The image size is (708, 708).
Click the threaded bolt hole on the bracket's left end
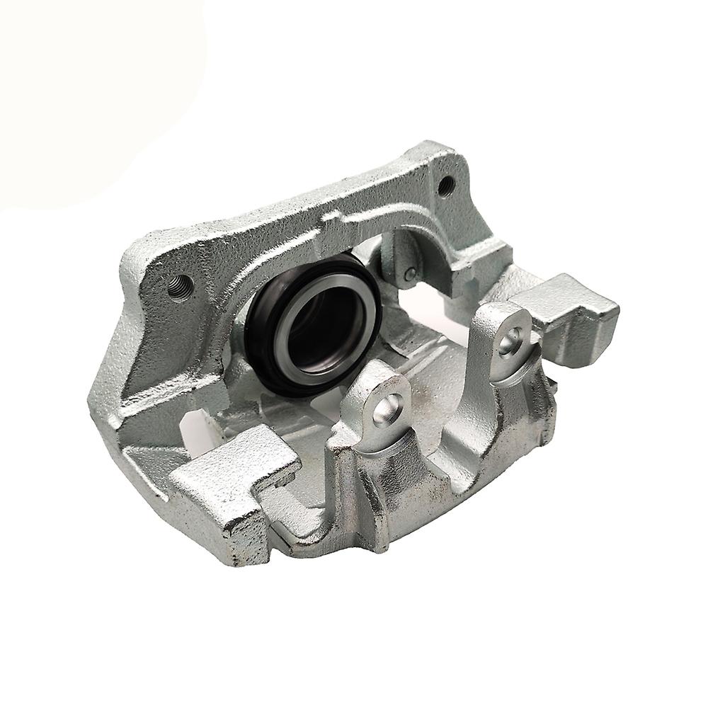pos(178,285)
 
